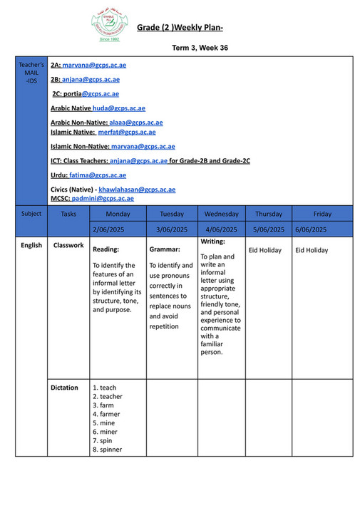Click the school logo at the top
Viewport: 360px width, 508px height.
pos(109,26)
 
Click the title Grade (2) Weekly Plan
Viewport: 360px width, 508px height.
pos(180,27)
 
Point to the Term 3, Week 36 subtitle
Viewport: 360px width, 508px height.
pos(200,46)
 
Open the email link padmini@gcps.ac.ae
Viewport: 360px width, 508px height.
pos(103,198)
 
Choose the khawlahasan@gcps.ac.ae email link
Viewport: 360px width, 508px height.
pos(137,190)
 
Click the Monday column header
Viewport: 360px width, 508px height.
pos(118,214)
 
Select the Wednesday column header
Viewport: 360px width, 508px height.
pos(221,214)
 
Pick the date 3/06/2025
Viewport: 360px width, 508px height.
pos(172,229)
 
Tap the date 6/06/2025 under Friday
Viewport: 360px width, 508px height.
pos(312,229)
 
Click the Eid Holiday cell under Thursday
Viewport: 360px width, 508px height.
pos(264,251)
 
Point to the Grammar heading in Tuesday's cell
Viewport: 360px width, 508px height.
pos(165,250)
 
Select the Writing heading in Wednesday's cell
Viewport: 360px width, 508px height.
pos(213,242)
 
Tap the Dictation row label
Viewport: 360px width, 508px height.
pos(65,388)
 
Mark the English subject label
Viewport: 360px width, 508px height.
pos(31,246)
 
